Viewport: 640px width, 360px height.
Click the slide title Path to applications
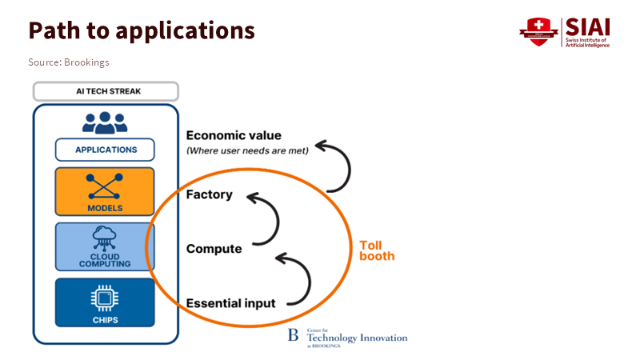(142, 30)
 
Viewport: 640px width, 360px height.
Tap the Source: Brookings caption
(69, 62)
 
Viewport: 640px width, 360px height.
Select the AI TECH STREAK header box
(105, 91)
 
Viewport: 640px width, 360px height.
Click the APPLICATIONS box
(105, 150)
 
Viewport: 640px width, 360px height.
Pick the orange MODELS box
(105, 191)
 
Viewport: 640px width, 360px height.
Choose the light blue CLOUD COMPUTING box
(105, 246)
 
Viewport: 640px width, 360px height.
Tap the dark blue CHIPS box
(105, 302)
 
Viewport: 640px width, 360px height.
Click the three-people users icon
(105, 122)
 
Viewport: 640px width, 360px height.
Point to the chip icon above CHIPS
(105, 298)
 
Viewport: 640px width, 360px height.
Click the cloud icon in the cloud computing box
(105, 238)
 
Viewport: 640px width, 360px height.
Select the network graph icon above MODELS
(105, 186)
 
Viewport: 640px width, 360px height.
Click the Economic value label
(234, 136)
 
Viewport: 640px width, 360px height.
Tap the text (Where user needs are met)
(246, 150)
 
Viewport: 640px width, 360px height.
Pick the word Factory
(209, 194)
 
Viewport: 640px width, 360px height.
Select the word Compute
(214, 249)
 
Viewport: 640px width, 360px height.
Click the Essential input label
(230, 303)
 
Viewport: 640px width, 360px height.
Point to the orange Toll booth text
(376, 250)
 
